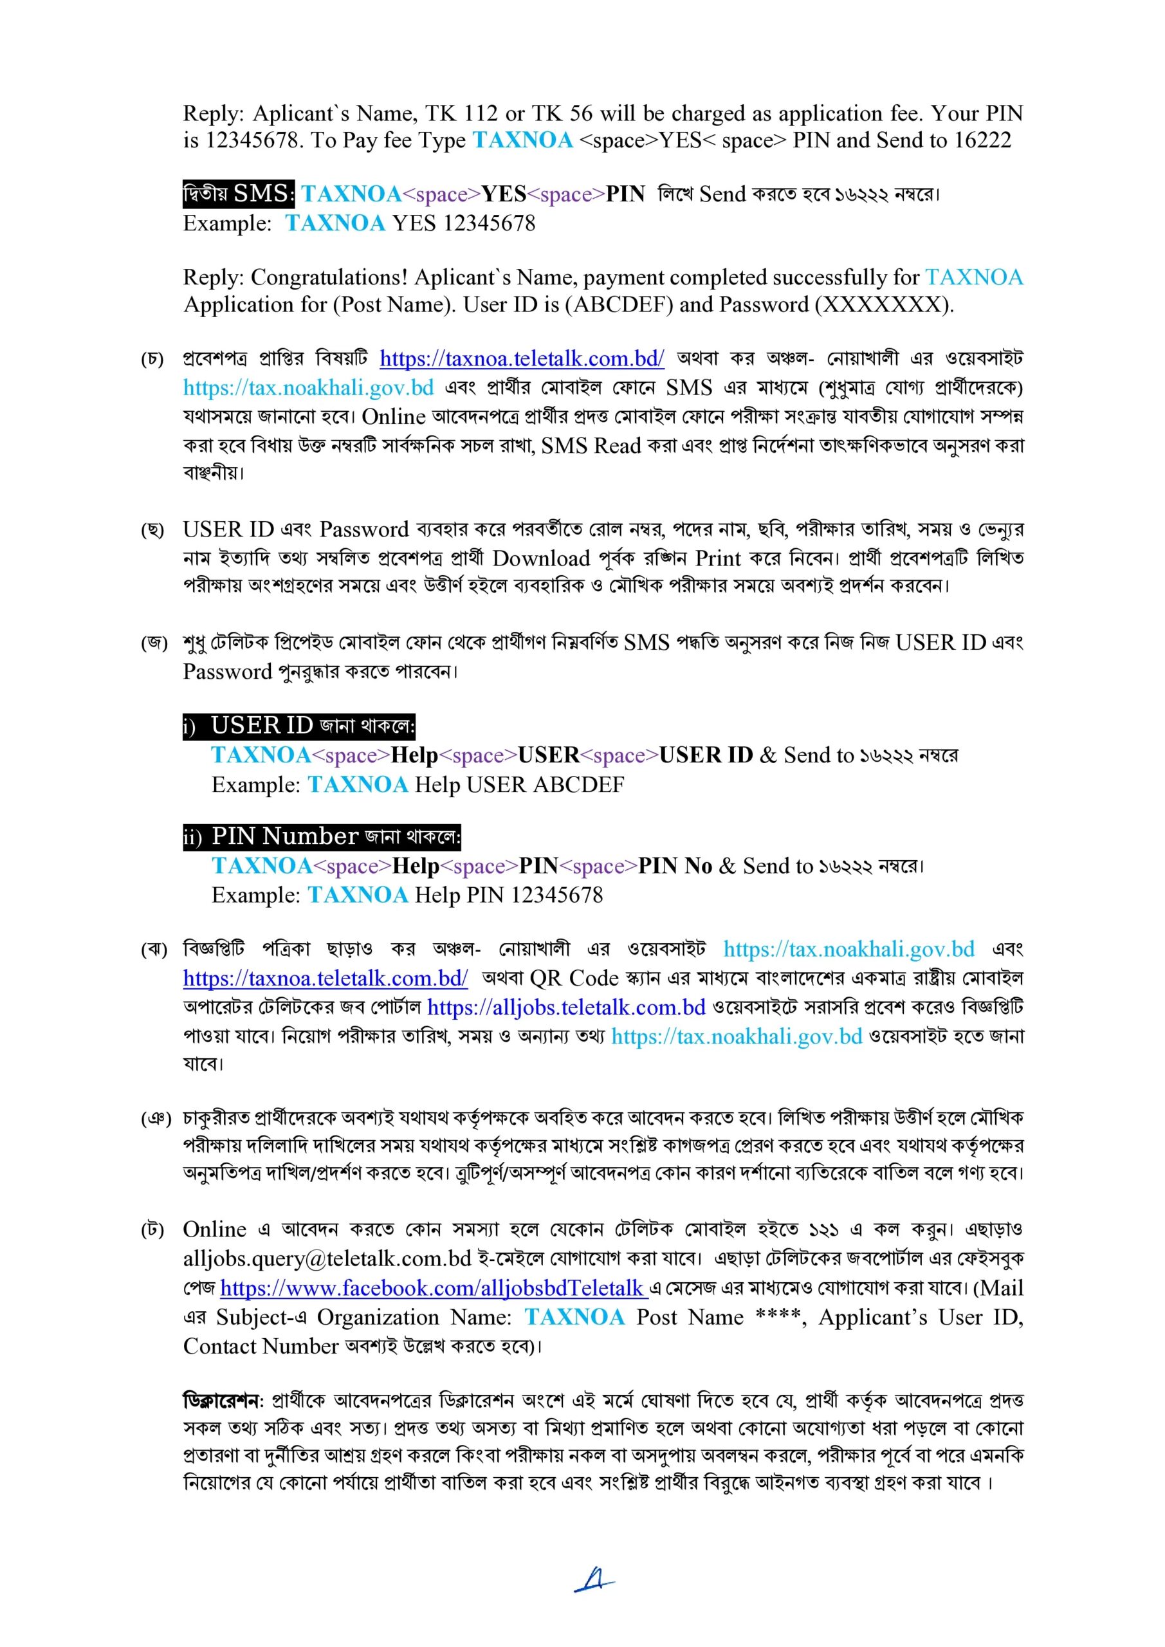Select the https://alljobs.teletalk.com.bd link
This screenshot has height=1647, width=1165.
(566, 1007)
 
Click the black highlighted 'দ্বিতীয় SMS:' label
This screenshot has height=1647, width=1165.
(238, 194)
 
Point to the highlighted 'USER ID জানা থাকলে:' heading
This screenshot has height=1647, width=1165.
(298, 726)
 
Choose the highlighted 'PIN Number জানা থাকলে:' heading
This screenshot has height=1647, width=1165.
(322, 836)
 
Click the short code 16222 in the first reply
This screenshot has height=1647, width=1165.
(982, 141)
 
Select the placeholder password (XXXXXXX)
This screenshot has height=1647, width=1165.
(884, 305)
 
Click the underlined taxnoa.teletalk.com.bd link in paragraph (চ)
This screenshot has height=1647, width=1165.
(522, 358)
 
